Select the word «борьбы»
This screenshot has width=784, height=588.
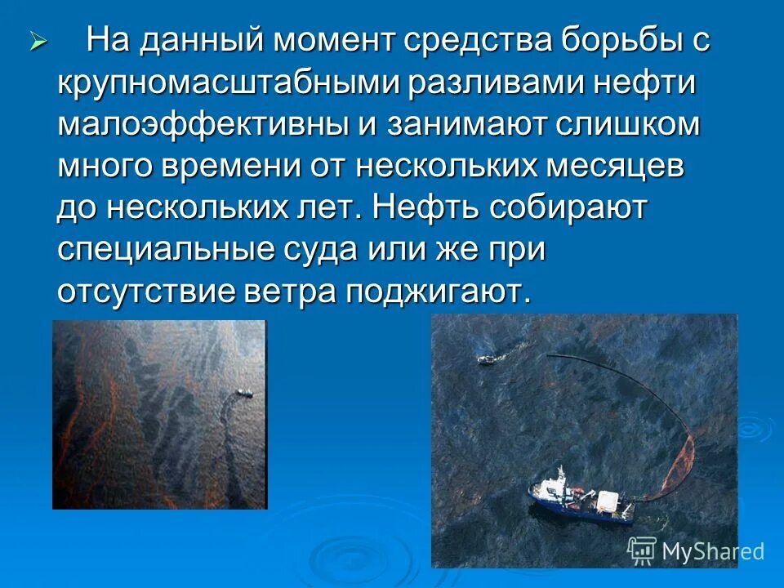[x=617, y=40]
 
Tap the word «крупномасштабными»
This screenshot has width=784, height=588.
[x=215, y=84]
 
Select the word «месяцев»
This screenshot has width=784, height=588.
[x=617, y=167]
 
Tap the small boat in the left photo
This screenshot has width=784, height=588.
[x=243, y=394]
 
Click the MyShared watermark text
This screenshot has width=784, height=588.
[x=712, y=551]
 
